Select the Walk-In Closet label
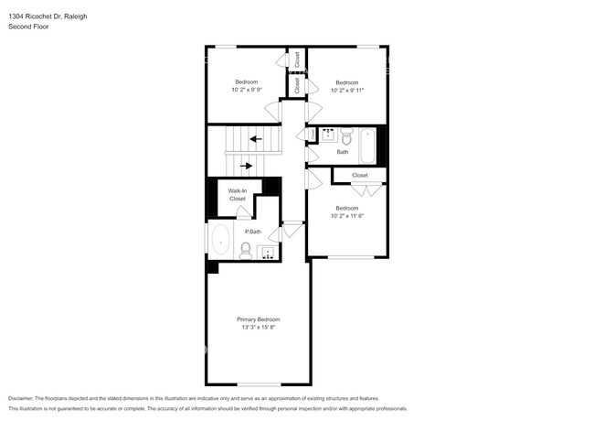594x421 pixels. tap(238, 195)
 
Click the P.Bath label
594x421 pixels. tap(251, 232)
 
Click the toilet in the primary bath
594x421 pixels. tap(246, 249)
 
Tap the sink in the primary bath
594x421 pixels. tap(269, 252)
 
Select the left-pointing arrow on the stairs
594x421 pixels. tap(256, 139)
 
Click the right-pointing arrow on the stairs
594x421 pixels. tap(246, 166)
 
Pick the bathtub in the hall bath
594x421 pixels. tap(367, 142)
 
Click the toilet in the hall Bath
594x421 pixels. tap(346, 137)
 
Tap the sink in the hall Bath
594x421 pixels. tap(326, 135)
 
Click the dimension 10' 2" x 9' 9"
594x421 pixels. tap(246, 90)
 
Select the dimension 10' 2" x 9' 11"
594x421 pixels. tap(346, 90)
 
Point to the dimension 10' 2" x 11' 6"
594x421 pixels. tap(346, 216)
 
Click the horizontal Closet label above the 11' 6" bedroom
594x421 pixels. tap(360, 175)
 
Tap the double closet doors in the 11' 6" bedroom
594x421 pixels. tap(366, 189)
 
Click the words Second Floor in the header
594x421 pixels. tap(28, 27)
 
